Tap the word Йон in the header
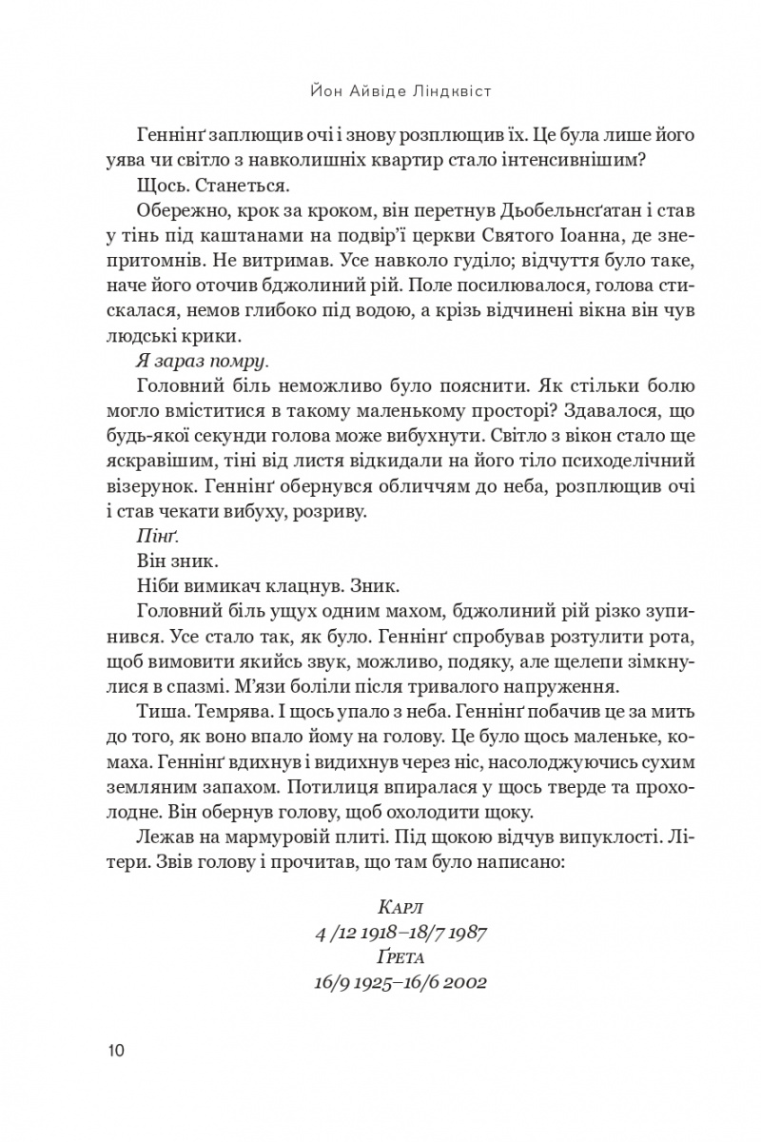326,92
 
